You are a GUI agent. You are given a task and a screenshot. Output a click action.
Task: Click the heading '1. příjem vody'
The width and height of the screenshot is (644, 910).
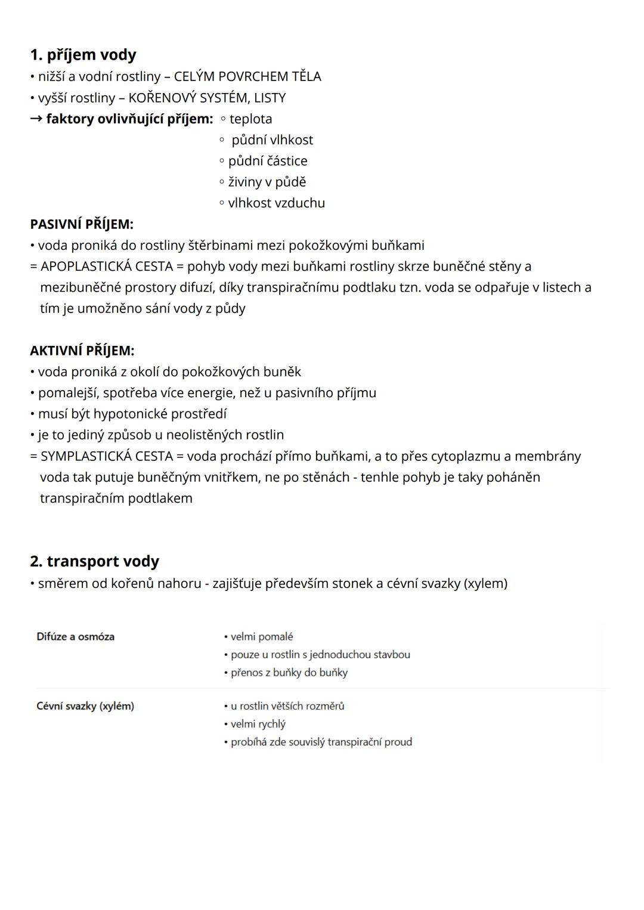click(83, 55)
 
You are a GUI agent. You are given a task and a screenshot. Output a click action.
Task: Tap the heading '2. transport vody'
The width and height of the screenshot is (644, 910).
click(94, 561)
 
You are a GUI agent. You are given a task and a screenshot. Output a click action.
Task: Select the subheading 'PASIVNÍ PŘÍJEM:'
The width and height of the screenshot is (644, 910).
click(82, 224)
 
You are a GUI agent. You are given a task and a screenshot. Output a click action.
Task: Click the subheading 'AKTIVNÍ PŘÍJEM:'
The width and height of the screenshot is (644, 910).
click(82, 351)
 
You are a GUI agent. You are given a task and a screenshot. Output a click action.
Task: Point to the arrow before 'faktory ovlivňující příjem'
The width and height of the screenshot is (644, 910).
click(36, 119)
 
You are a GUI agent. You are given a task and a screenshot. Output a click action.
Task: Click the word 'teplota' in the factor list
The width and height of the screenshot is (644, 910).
click(250, 119)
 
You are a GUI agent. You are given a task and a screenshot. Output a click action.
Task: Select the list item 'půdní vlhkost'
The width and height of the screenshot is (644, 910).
click(272, 140)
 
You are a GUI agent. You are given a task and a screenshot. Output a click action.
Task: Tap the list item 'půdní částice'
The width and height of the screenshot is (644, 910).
click(268, 161)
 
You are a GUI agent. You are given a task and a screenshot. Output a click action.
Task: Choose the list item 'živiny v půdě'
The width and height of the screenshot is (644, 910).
click(267, 182)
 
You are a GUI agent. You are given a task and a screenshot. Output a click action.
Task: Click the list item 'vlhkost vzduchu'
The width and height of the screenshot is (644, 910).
click(276, 203)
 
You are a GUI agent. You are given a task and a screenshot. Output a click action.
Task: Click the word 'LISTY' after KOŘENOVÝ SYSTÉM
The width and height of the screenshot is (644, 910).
click(270, 98)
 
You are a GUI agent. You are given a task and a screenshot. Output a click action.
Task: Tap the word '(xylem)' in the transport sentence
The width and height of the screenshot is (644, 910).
click(485, 583)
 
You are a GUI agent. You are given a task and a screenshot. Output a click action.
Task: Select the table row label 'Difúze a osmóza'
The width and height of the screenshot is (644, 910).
click(75, 636)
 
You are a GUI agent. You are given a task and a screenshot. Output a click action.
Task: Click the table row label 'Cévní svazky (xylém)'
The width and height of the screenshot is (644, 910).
click(85, 706)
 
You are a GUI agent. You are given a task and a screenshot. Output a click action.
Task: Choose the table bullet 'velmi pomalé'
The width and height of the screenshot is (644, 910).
click(261, 636)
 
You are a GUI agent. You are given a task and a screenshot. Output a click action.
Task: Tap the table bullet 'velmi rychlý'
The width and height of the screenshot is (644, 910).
click(258, 724)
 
